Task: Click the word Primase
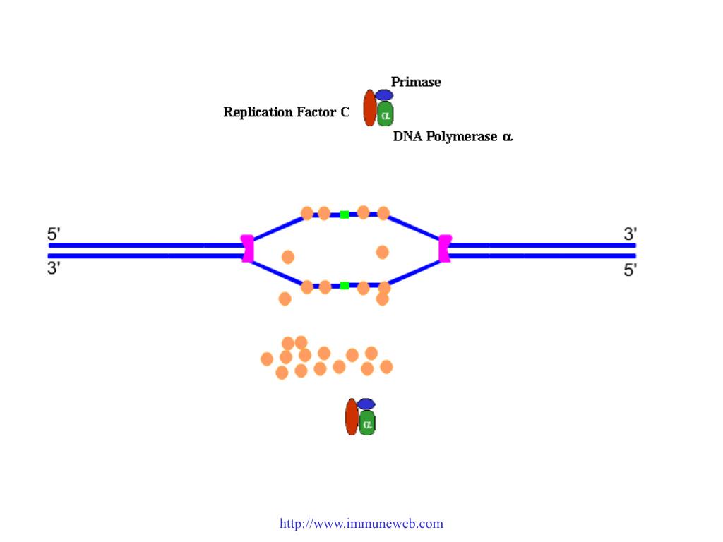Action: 416,83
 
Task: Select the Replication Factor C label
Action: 286,112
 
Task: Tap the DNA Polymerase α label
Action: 453,137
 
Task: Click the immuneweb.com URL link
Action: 361,524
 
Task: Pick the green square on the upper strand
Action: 345,215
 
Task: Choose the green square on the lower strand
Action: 345,286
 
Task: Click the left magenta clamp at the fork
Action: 247,248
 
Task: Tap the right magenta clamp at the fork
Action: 445,248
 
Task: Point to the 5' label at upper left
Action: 54,234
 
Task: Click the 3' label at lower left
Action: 54,269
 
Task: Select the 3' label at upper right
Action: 630,234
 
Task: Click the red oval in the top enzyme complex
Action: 369,108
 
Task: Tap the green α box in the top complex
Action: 385,114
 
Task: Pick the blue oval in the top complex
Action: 383,95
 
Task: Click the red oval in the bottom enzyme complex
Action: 352,416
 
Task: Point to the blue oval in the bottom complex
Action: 366,404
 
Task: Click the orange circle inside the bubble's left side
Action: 288,257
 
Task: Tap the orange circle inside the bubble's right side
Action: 383,252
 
